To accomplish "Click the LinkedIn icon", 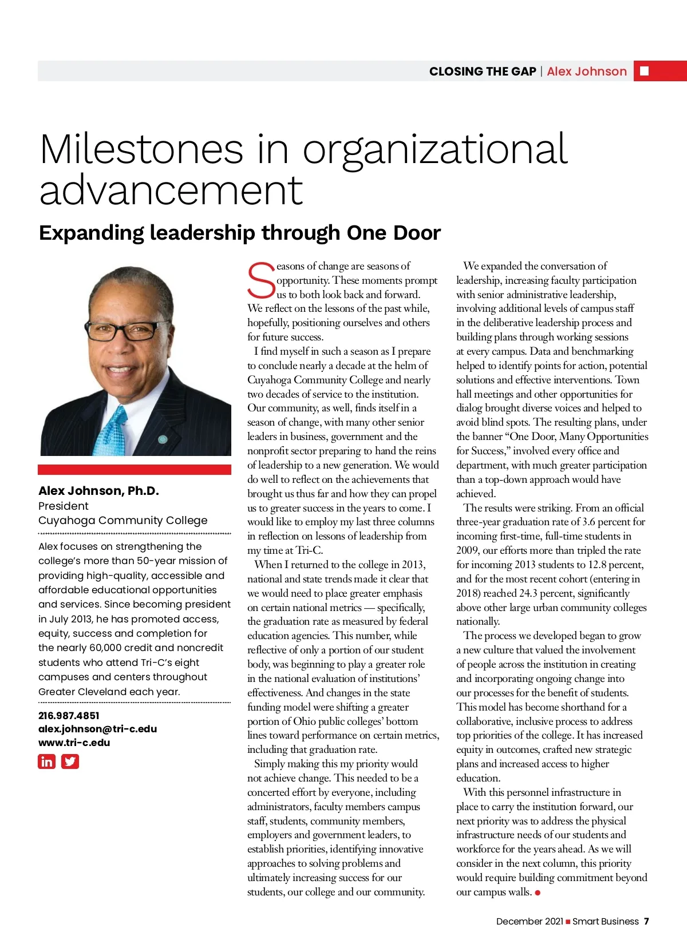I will click(46, 761).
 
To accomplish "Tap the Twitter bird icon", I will click(70, 761).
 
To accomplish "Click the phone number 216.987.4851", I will click(69, 716).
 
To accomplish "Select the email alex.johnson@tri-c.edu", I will click(97, 729).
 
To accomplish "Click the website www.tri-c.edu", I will click(74, 743).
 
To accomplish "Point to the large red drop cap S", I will click(261, 280).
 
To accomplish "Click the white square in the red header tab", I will click(644, 71).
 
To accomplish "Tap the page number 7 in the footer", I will click(646, 921).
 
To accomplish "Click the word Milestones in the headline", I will click(141, 149).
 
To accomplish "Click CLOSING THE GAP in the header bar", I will click(482, 72).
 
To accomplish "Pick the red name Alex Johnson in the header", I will click(587, 72).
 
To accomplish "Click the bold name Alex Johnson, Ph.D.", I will click(98, 491).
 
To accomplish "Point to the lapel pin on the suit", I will click(163, 439).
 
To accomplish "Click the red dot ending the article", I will click(538, 893).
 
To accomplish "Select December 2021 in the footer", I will click(530, 921).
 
